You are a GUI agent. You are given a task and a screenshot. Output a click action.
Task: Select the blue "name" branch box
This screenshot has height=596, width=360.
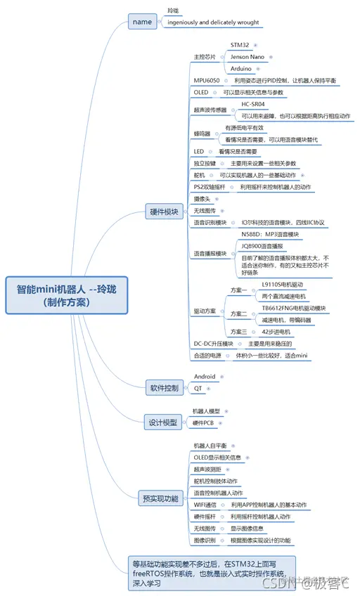coord(142,22)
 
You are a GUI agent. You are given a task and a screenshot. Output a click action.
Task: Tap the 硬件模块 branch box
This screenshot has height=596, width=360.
coord(165,212)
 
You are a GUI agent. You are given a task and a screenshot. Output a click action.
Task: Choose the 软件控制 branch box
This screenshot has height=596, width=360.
coord(165,387)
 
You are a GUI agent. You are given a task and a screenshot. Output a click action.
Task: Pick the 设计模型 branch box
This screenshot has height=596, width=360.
coord(161,422)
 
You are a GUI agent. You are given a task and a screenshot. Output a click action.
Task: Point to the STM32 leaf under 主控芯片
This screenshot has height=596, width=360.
coord(240,45)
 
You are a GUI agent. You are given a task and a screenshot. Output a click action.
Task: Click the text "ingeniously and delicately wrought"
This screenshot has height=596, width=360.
coord(213,22)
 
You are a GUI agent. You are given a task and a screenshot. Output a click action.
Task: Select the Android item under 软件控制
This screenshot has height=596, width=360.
coord(205,377)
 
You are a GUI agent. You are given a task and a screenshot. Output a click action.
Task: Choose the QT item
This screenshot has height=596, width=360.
coord(198,387)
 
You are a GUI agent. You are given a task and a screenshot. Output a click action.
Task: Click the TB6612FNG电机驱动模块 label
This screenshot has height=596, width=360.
coord(294,308)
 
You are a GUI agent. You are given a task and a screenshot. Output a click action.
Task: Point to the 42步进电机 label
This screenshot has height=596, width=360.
coord(275,331)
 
